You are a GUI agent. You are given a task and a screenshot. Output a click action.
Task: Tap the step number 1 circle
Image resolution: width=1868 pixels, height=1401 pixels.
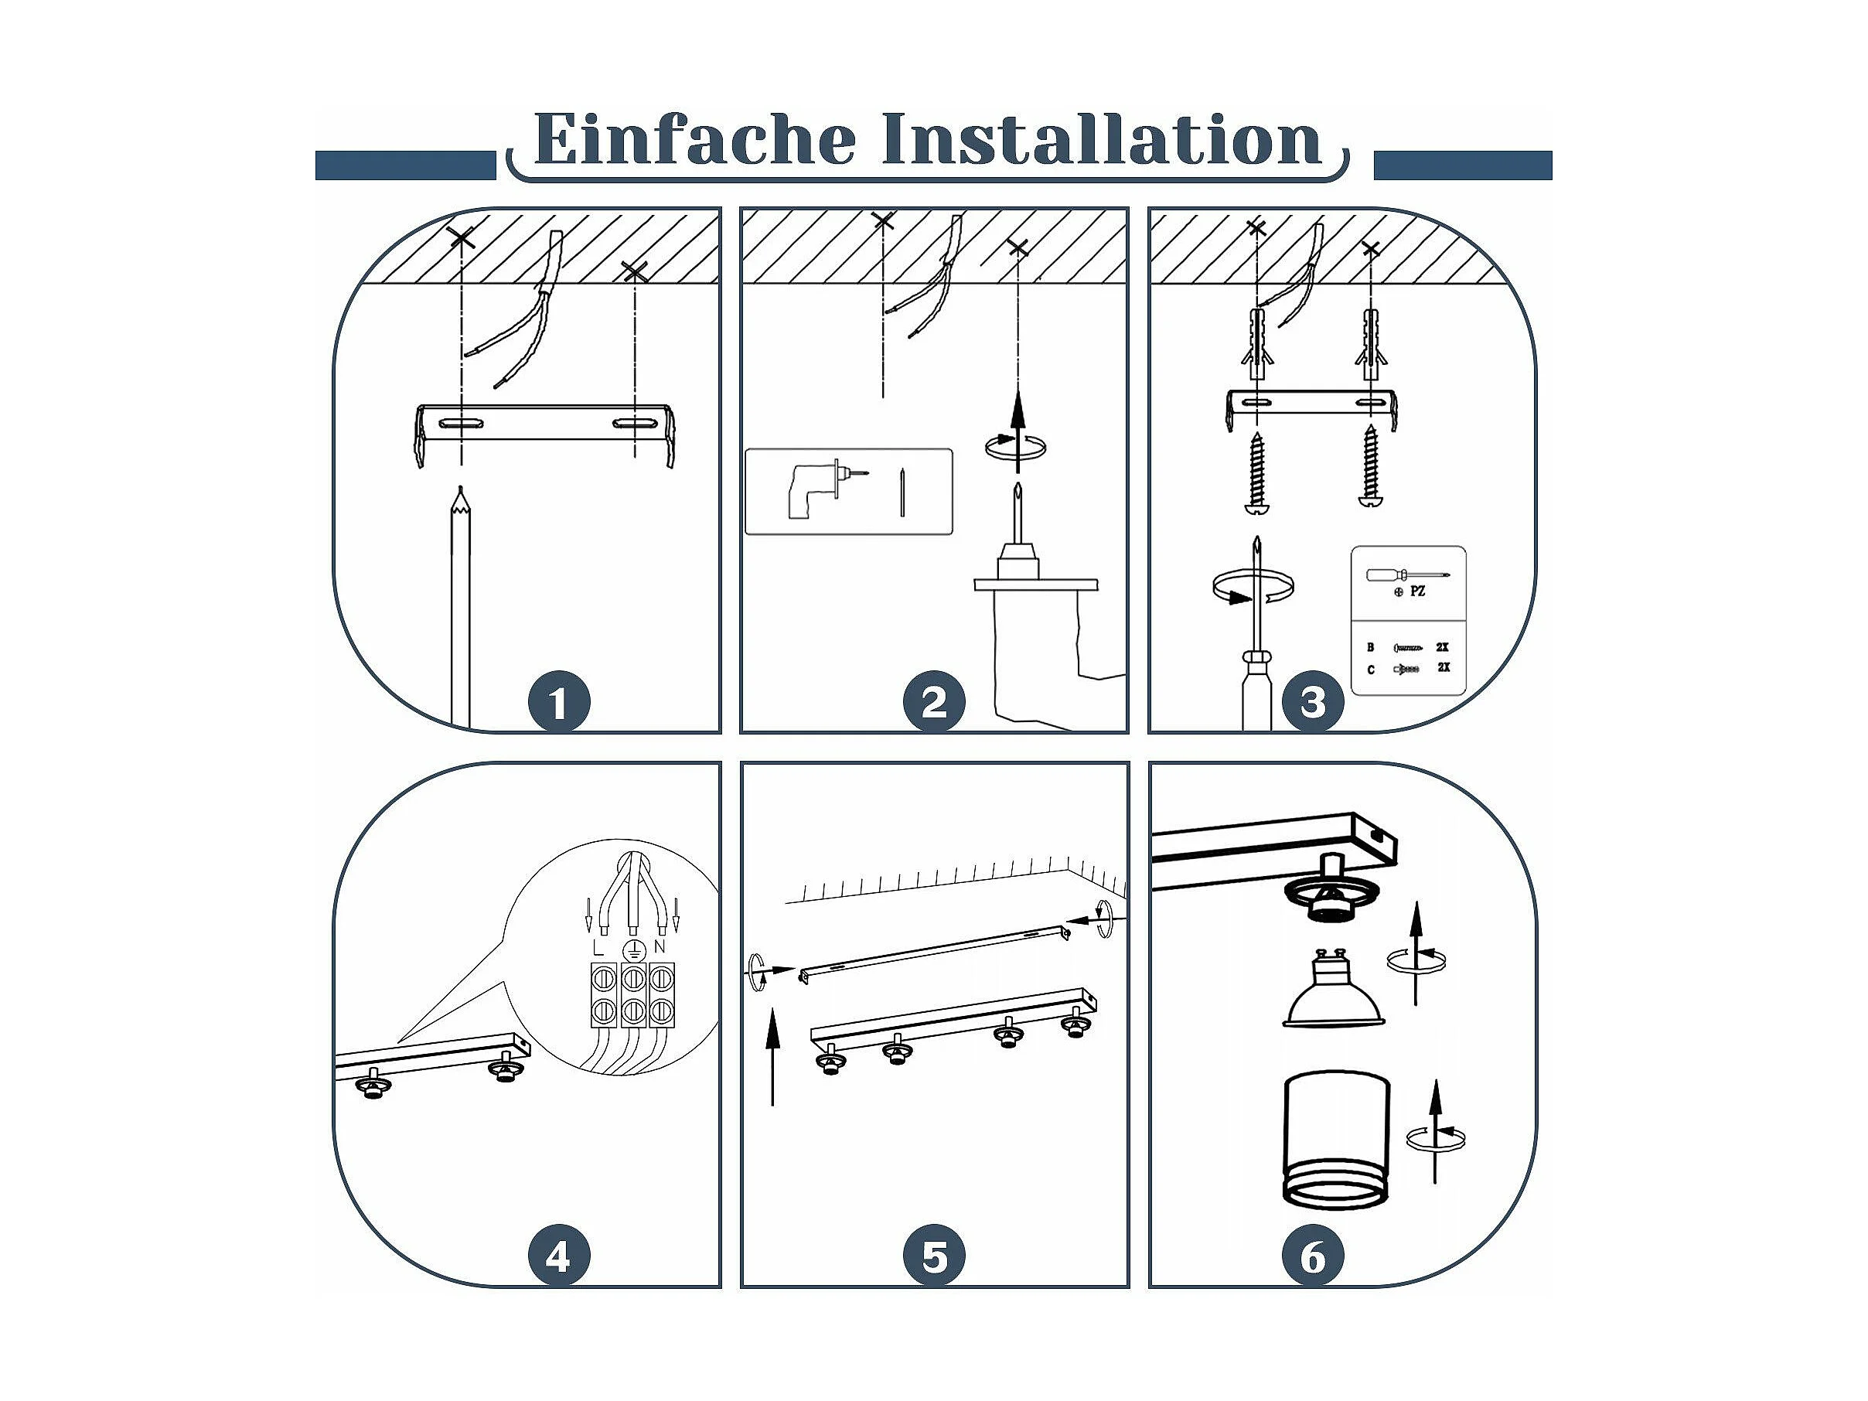pyautogui.click(x=558, y=702)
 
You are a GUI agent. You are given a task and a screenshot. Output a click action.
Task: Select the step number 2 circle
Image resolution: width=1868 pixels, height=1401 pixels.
pyautogui.click(x=934, y=702)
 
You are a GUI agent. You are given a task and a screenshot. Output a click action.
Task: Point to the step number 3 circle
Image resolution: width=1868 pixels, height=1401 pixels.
pyautogui.click(x=1313, y=702)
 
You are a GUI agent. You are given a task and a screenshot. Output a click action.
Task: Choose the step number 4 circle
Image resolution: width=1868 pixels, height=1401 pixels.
pyautogui.click(x=558, y=1256)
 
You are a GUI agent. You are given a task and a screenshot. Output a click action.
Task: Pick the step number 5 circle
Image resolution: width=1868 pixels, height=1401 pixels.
pyautogui.click(x=934, y=1256)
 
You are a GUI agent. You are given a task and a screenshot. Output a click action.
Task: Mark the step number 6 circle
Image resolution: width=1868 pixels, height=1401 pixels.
pyautogui.click(x=1313, y=1256)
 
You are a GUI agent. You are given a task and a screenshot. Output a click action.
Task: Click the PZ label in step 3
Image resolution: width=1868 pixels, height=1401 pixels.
pyautogui.click(x=1418, y=592)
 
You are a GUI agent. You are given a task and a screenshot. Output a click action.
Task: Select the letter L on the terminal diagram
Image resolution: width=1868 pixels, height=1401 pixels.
pyautogui.click(x=598, y=947)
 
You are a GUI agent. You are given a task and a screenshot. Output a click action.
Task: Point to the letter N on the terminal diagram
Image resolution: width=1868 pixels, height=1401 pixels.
pyautogui.click(x=660, y=947)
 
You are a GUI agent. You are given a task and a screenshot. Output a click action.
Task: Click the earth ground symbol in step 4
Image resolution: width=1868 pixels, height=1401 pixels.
pyautogui.click(x=630, y=951)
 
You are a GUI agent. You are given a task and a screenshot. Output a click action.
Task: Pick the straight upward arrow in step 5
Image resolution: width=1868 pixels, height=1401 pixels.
pyautogui.click(x=772, y=1059)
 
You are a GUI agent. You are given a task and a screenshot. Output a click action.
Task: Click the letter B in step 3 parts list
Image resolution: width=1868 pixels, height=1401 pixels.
pyautogui.click(x=1371, y=648)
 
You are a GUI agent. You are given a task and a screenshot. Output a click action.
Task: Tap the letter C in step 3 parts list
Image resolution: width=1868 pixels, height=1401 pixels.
pyautogui.click(x=1371, y=670)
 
